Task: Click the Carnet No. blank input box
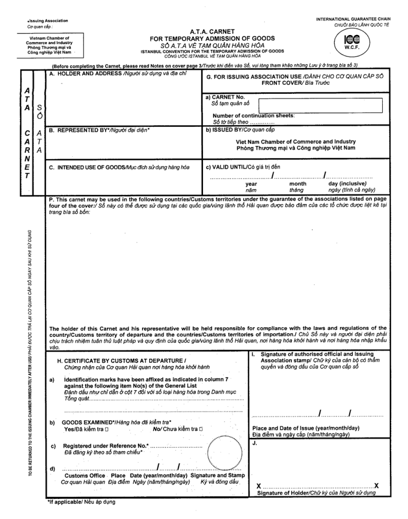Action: [320, 106]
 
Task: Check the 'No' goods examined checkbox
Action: [201, 429]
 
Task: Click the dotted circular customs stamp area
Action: [224, 453]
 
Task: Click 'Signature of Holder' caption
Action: [317, 493]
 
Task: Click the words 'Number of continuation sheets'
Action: [253, 115]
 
